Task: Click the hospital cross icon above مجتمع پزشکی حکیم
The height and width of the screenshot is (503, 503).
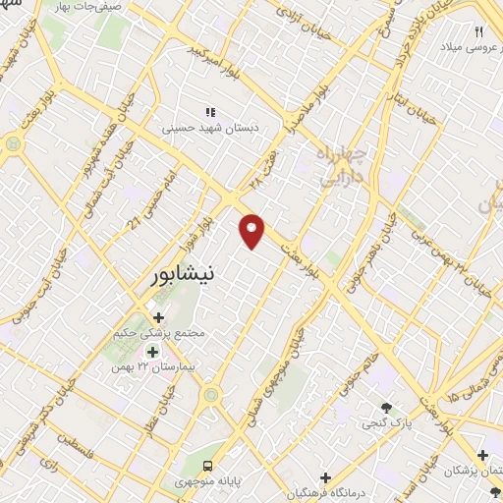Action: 159,317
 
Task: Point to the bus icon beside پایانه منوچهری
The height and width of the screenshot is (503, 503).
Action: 207,465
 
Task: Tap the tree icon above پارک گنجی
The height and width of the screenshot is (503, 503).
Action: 386,408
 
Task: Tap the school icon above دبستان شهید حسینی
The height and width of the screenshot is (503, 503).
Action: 208,112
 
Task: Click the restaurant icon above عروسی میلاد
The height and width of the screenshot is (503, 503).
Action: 480,31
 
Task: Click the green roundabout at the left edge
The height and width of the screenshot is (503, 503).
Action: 13,144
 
